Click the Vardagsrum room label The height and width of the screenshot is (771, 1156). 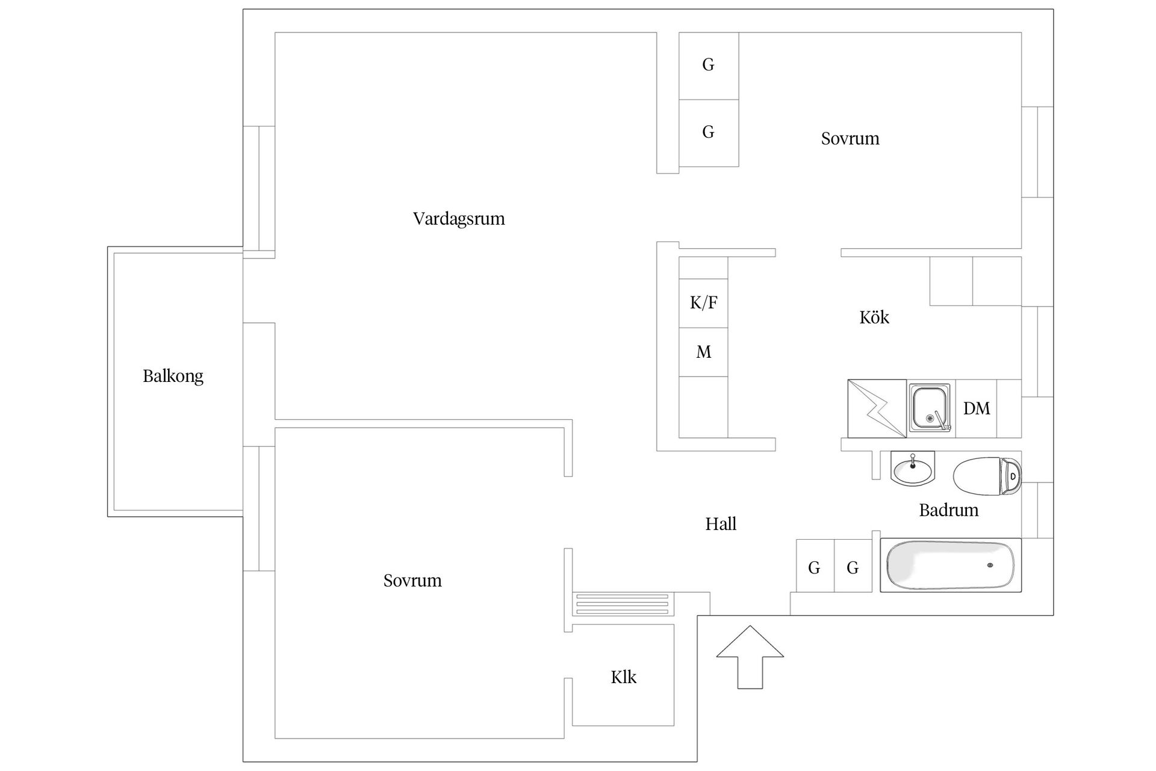459,219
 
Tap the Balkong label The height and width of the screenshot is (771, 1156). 173,376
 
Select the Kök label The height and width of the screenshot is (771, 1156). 874,317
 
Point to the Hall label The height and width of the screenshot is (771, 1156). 721,524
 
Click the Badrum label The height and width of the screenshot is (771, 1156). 948,511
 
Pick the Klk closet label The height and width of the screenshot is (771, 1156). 623,677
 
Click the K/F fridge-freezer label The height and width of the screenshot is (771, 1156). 703,302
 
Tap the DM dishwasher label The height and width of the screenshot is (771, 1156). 976,408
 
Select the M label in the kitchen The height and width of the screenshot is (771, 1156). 703,352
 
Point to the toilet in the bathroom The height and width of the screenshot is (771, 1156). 987,476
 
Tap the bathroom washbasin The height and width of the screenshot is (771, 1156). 912,469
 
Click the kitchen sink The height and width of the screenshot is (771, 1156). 929,407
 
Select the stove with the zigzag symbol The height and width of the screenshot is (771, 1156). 877,408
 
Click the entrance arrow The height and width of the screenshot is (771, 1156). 750,657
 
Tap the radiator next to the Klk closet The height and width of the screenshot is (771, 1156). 622,604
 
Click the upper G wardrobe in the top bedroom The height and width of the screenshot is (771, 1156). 708,65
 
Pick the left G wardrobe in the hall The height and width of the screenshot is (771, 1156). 814,567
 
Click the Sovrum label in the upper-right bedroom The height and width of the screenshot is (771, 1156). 850,139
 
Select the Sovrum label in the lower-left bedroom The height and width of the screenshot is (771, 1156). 412,581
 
